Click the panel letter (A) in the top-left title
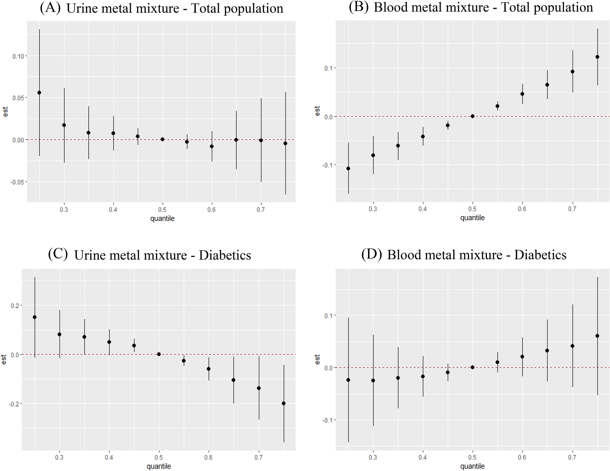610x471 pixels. pyautogui.click(x=50, y=8)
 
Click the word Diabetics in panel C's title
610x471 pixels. pyautogui.click(x=225, y=255)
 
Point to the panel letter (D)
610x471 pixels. pyautogui.click(x=371, y=254)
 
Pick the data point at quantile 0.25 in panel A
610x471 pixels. pyautogui.click(x=39, y=93)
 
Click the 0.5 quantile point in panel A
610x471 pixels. pyautogui.click(x=162, y=139)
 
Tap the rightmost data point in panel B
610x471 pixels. pyautogui.click(x=597, y=57)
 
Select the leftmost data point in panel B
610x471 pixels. pyautogui.click(x=348, y=168)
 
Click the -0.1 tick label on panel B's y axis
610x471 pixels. pyautogui.click(x=328, y=165)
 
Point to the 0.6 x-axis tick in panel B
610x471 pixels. pyautogui.click(x=522, y=209)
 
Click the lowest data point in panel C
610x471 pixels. pyautogui.click(x=284, y=403)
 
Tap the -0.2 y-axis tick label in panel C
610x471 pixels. pyautogui.click(x=14, y=404)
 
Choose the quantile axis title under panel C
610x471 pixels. pyautogui.click(x=159, y=466)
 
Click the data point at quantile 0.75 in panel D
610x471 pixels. pyautogui.click(x=597, y=336)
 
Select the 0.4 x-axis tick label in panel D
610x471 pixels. pyautogui.click(x=422, y=457)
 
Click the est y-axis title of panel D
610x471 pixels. pyautogui.click(x=317, y=359)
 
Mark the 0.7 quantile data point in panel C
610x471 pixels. pyautogui.click(x=259, y=388)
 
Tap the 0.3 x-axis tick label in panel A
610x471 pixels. pyautogui.click(x=64, y=210)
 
